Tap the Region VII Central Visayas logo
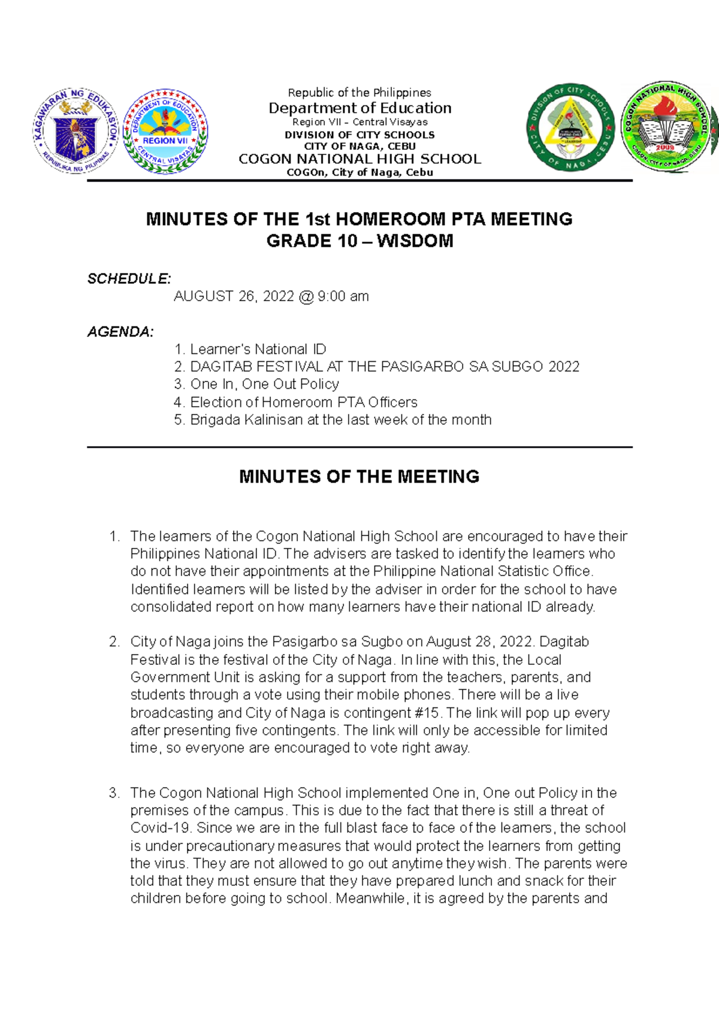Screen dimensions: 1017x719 tap(165, 131)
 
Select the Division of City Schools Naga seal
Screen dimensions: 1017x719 tap(570, 127)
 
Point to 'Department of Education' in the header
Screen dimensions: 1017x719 tap(359, 108)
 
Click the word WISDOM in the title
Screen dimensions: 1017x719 tap(415, 241)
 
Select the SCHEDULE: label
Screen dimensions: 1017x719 tap(129, 279)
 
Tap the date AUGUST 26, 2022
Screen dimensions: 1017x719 tap(234, 296)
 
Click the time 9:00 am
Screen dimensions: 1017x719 tap(343, 296)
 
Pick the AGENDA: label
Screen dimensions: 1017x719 tap(120, 332)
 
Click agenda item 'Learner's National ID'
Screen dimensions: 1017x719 tap(258, 349)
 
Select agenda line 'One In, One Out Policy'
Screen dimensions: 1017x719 tap(264, 384)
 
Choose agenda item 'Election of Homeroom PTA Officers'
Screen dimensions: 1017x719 tap(303, 402)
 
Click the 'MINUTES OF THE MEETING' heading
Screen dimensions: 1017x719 tap(359, 477)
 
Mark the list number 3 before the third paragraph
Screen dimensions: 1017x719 tap(114, 793)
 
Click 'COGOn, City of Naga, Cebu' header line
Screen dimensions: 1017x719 tap(359, 172)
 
